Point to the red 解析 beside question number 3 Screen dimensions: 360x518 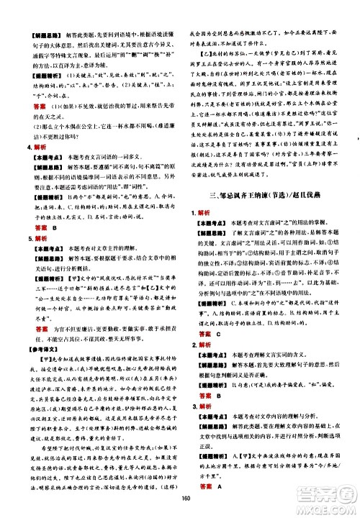click(205, 455)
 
